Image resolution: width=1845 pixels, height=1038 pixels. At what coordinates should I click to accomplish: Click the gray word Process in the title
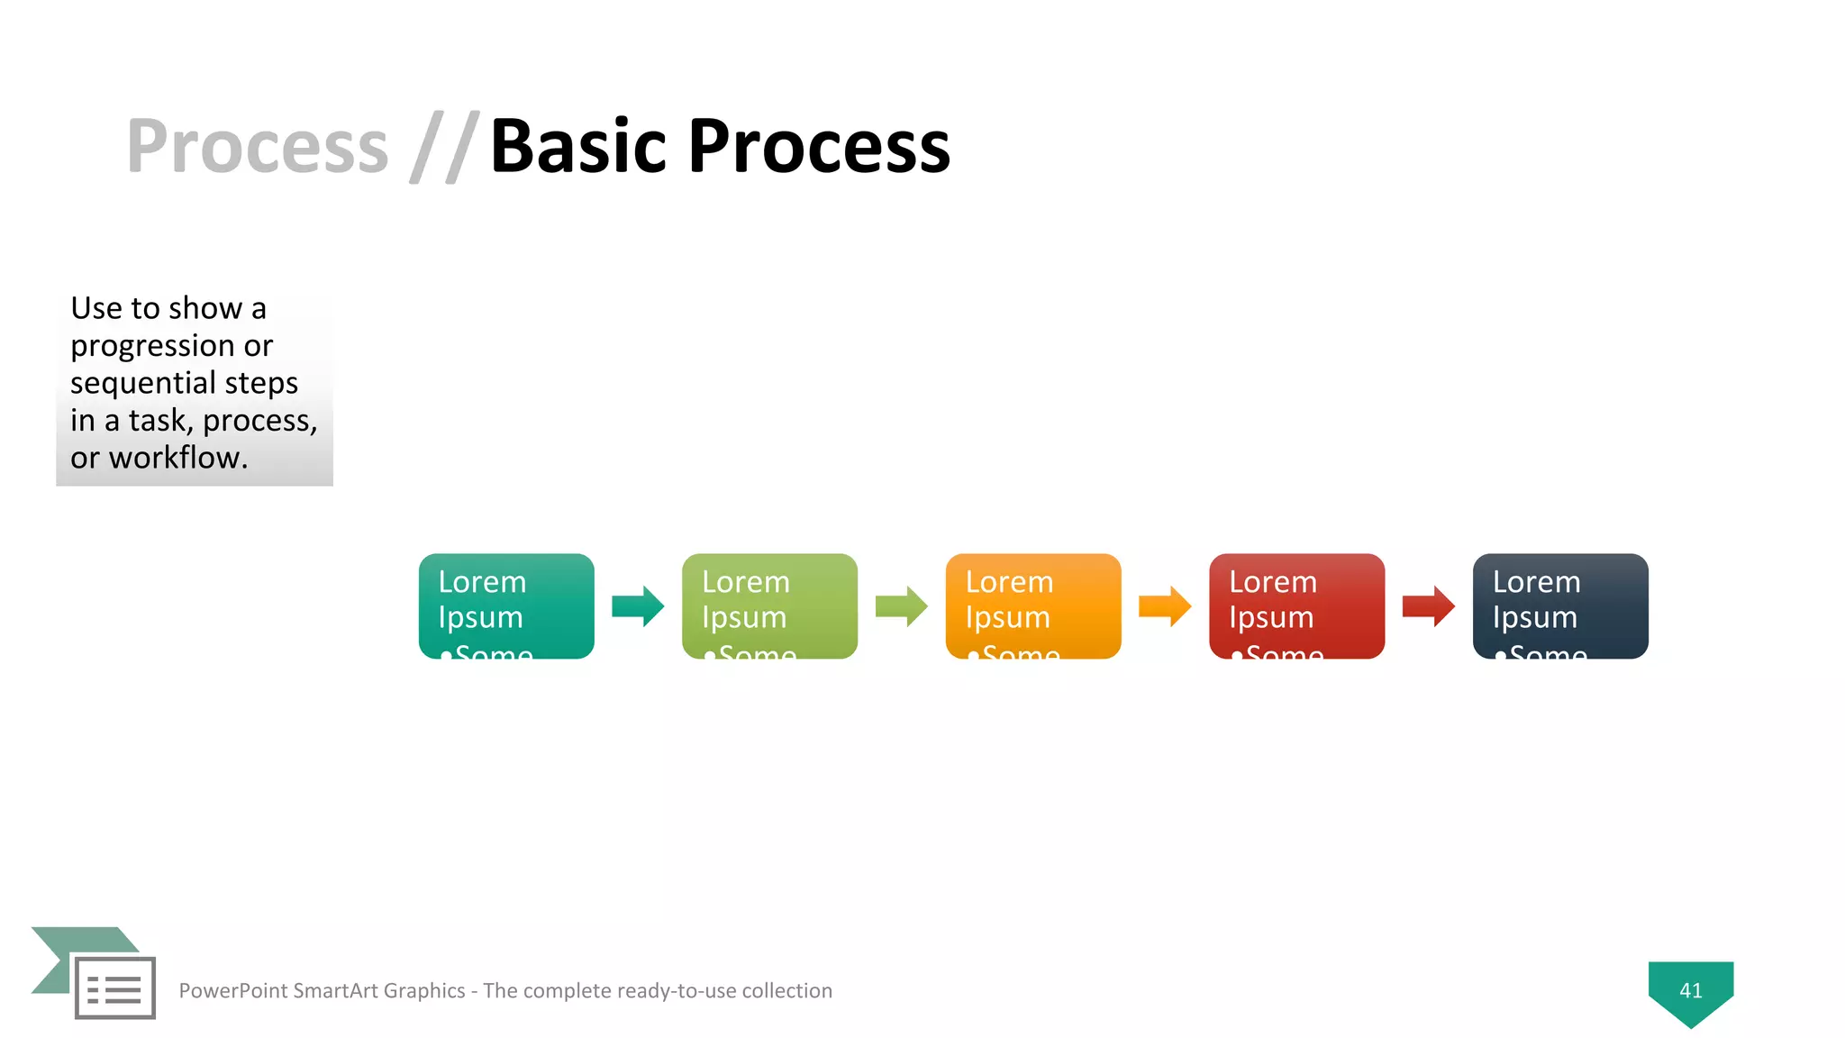click(x=258, y=147)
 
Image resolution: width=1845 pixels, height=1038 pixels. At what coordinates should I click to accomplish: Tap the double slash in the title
click(x=443, y=147)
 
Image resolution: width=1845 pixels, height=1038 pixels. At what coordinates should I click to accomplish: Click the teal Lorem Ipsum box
click(x=506, y=605)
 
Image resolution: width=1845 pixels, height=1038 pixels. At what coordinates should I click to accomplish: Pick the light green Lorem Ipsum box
click(x=769, y=605)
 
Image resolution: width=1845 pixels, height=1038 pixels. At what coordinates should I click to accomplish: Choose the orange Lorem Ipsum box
click(x=1033, y=605)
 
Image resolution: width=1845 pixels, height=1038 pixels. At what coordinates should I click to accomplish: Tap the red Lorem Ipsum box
click(x=1296, y=605)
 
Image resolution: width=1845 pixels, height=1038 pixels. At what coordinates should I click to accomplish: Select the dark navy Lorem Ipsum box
click(x=1560, y=605)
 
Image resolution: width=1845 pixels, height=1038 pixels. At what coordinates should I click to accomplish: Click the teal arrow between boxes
click(x=638, y=606)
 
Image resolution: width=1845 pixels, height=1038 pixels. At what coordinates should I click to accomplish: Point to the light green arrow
click(x=901, y=606)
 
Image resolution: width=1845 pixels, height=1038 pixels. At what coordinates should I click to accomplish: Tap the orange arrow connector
click(x=1165, y=606)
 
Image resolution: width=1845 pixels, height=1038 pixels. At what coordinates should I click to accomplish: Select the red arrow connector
click(x=1428, y=606)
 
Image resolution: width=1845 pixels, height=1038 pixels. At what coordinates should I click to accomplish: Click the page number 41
click(x=1691, y=991)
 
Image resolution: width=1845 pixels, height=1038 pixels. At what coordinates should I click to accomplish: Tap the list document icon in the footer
click(x=114, y=988)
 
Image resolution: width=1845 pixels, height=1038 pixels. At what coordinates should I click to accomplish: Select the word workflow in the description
click(x=177, y=458)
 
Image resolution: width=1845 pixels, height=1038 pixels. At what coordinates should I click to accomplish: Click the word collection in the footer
click(x=786, y=991)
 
